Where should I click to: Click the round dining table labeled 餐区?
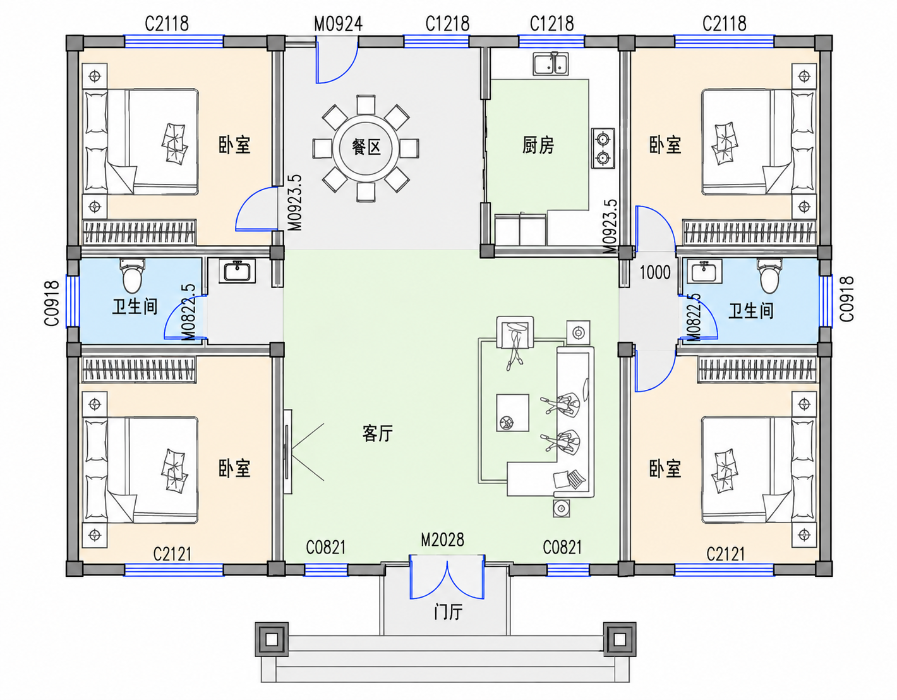[366, 148]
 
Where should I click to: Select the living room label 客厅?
[378, 433]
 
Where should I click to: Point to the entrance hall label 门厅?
[448, 612]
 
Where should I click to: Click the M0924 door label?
[338, 24]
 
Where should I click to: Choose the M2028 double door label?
[443, 540]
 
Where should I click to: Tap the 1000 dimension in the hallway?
[655, 272]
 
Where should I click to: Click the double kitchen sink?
[551, 64]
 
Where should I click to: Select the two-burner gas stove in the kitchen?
[603, 148]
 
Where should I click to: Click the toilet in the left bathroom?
[132, 275]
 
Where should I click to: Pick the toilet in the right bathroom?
[769, 275]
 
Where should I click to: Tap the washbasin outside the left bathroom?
[237, 271]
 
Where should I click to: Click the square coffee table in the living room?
[512, 413]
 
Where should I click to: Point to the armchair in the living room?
[515, 333]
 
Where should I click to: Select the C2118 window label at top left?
[167, 24]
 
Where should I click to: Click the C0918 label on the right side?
[847, 299]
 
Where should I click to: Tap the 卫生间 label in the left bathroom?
[135, 307]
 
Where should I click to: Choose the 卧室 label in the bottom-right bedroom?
[665, 468]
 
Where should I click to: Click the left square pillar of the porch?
[271, 639]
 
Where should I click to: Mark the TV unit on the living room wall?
[287, 452]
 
